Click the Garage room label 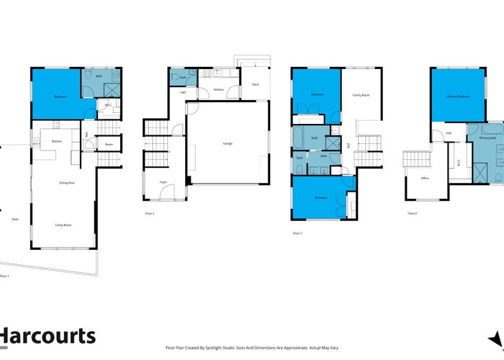227,143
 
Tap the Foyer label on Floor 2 163,182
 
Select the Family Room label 361,95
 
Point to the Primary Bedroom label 457,95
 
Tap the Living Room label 63,225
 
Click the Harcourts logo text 48,336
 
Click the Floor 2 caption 150,214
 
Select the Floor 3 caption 297,233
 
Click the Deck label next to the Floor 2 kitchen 256,84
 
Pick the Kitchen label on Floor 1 57,141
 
